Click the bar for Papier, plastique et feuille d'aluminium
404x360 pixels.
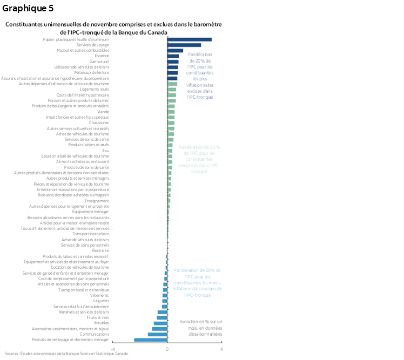(189, 39)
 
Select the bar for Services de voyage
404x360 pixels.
(184, 45)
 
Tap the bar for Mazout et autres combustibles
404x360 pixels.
(175, 50)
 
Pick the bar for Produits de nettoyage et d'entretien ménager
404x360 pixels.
(150, 339)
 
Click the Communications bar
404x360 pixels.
(157, 334)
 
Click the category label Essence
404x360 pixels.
(102, 56)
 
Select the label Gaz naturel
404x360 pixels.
(99, 62)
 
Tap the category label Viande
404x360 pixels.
(103, 111)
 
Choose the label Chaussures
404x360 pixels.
(99, 123)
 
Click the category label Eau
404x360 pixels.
(105, 150)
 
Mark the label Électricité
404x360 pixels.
(100, 250)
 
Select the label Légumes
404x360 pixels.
(101, 301)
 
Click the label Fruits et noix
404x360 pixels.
(98, 317)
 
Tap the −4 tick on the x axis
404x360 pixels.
(112, 349)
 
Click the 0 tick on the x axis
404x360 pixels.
(167, 349)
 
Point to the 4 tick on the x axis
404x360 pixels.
(221, 349)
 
